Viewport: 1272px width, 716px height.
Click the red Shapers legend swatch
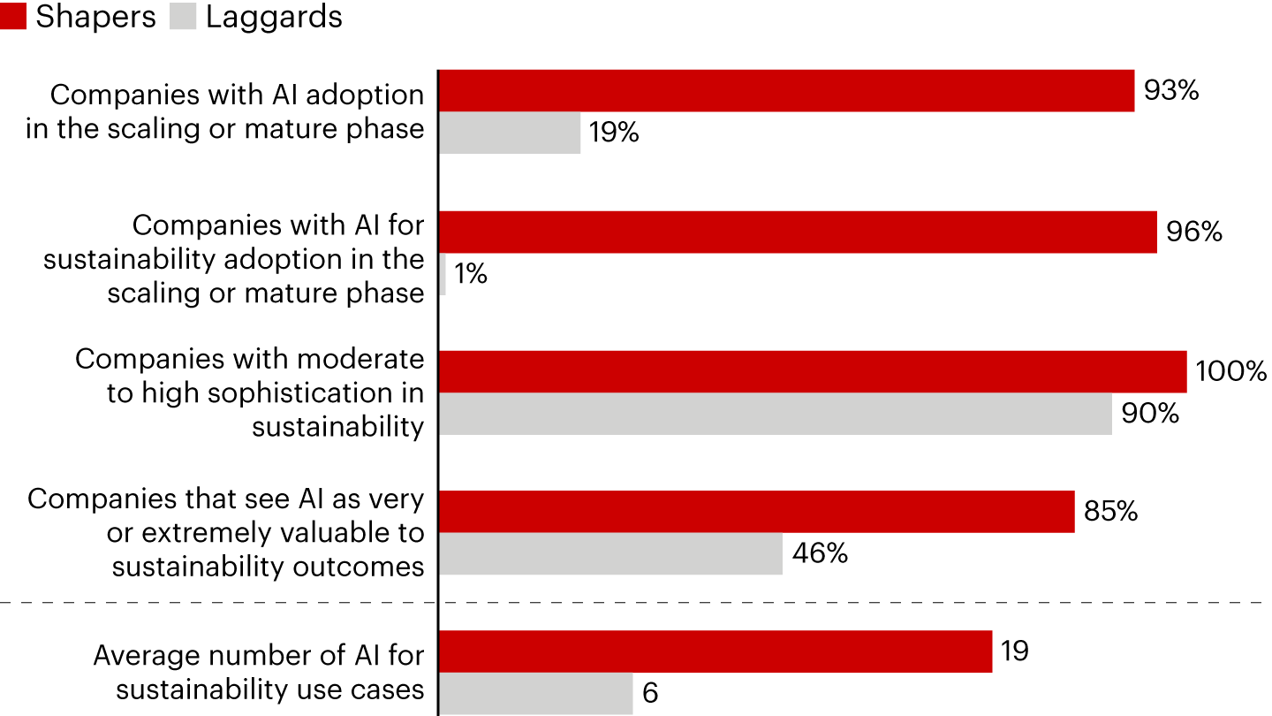pyautogui.click(x=13, y=17)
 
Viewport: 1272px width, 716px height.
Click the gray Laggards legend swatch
pyautogui.click(x=183, y=17)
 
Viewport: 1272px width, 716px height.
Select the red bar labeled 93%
pyautogui.click(x=786, y=91)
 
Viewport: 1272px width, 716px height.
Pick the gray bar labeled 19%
pyautogui.click(x=510, y=133)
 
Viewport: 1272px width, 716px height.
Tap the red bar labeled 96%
pyautogui.click(x=798, y=232)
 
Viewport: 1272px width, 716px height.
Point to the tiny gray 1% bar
pyautogui.click(x=443, y=274)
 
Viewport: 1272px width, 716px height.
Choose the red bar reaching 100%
pyautogui.click(x=813, y=371)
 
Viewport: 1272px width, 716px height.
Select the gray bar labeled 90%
pyautogui.click(x=776, y=414)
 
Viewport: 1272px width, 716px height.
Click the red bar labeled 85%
pyautogui.click(x=756, y=512)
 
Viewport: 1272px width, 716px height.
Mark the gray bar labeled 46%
pyautogui.click(x=610, y=553)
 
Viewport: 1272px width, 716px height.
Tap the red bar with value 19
pyautogui.click(x=715, y=651)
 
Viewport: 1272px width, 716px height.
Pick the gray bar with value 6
pyautogui.click(x=536, y=693)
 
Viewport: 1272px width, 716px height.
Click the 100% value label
pyautogui.click(x=1230, y=371)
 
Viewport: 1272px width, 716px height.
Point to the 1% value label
pyautogui.click(x=471, y=275)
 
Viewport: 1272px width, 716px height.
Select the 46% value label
pyautogui.click(x=819, y=554)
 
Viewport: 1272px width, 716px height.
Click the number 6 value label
pyautogui.click(x=650, y=694)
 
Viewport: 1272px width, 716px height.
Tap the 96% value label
pyautogui.click(x=1193, y=232)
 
